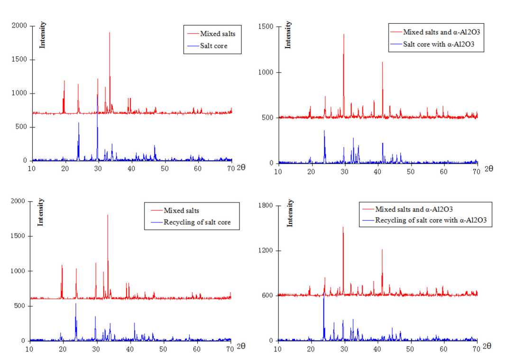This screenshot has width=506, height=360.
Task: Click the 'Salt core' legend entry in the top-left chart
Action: [213, 46]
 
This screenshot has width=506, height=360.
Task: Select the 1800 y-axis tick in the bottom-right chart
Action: [265, 205]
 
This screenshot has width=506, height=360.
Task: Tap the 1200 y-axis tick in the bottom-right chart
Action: [265, 250]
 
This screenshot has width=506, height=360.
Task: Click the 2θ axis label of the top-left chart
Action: [241, 167]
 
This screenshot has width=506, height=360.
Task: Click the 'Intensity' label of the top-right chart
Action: [288, 35]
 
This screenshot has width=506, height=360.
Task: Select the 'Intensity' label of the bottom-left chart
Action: [41, 212]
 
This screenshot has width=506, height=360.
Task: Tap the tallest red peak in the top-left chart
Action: [110, 33]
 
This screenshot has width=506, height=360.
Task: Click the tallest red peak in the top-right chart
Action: [344, 35]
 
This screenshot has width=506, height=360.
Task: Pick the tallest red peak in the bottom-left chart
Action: [108, 215]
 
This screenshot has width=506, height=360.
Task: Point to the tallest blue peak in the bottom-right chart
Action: [324, 298]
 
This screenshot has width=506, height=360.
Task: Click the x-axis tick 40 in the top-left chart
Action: [131, 168]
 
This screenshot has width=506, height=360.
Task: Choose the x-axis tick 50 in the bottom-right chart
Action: [410, 349]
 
